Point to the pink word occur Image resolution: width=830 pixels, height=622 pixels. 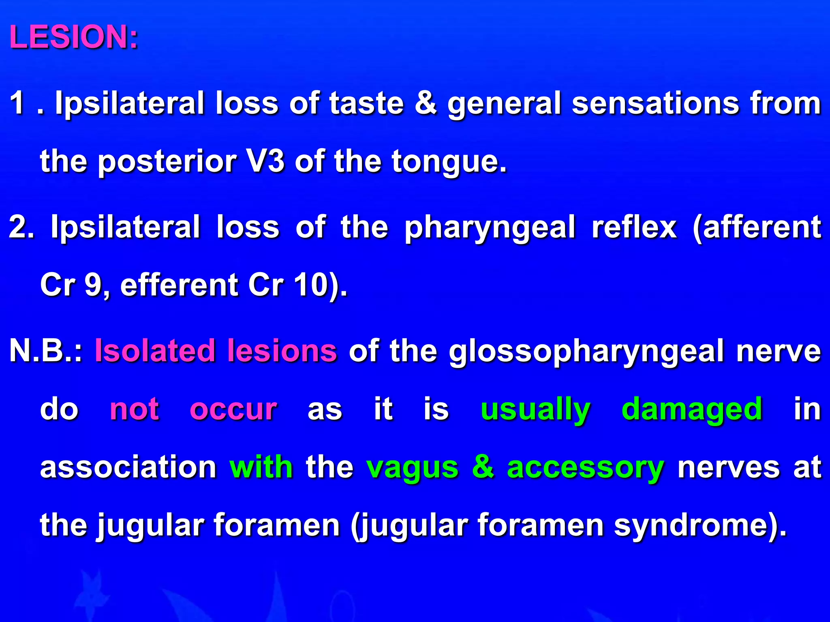pyautogui.click(x=233, y=409)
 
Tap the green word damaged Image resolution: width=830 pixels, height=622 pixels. pyautogui.click(x=692, y=409)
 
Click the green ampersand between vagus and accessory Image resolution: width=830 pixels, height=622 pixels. pyautogui.click(x=483, y=466)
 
